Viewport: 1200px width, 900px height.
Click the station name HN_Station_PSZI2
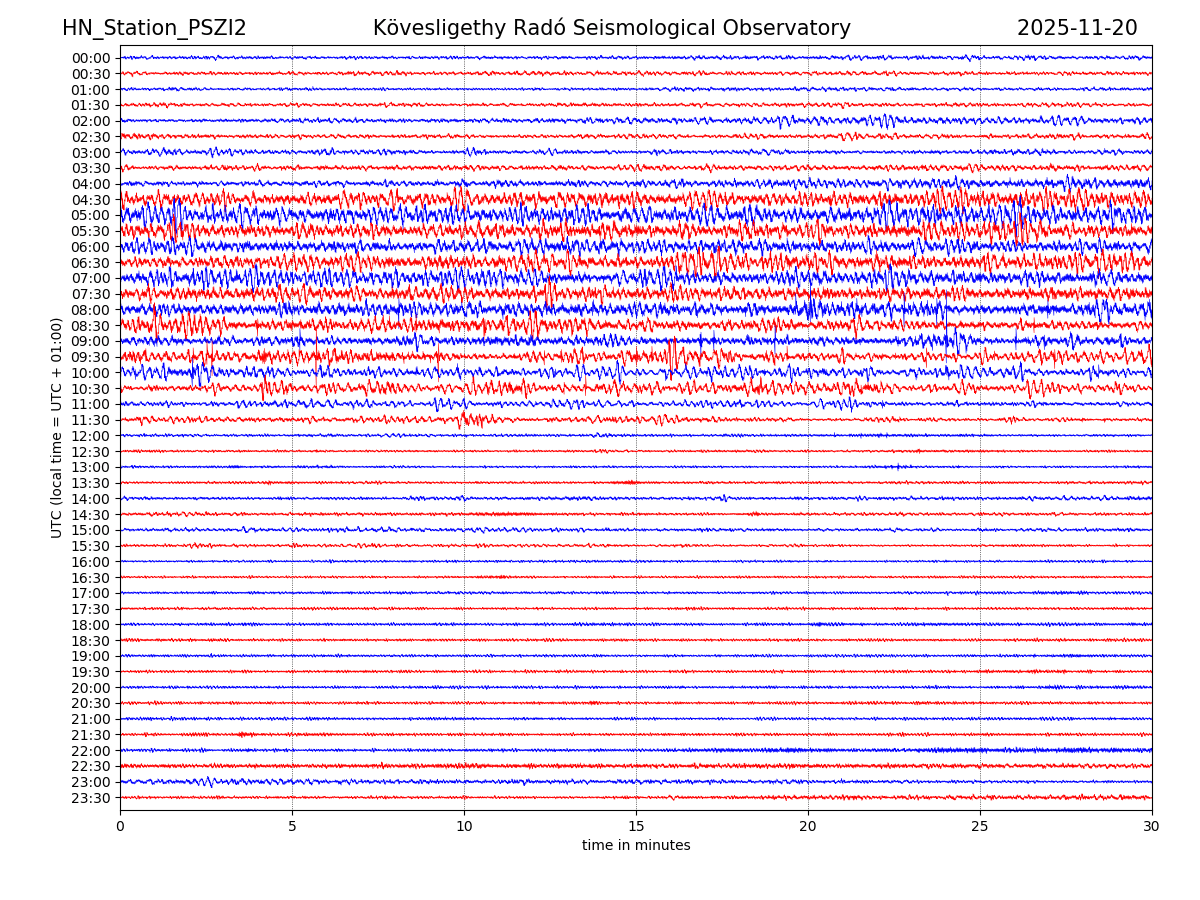154,29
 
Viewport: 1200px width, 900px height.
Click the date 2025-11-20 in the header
1077,29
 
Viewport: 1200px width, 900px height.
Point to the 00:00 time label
90,58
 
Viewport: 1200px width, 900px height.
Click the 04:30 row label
90,200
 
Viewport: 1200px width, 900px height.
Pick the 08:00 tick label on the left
90,310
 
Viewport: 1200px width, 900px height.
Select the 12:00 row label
90,436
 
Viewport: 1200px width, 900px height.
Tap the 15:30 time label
90,546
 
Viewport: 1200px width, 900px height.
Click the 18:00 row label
90,625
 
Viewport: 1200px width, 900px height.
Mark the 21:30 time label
90,735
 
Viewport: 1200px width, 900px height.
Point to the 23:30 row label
90,798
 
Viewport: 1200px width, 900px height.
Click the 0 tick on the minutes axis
120,827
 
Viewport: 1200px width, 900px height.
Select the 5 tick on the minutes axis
292,827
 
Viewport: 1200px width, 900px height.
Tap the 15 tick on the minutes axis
636,827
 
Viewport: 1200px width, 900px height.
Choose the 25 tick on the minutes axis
980,827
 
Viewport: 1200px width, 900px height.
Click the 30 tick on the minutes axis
1152,827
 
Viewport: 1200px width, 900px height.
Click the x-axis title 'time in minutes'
636,846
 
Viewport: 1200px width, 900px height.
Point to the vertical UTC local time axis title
57,428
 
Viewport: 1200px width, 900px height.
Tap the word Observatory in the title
793,29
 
